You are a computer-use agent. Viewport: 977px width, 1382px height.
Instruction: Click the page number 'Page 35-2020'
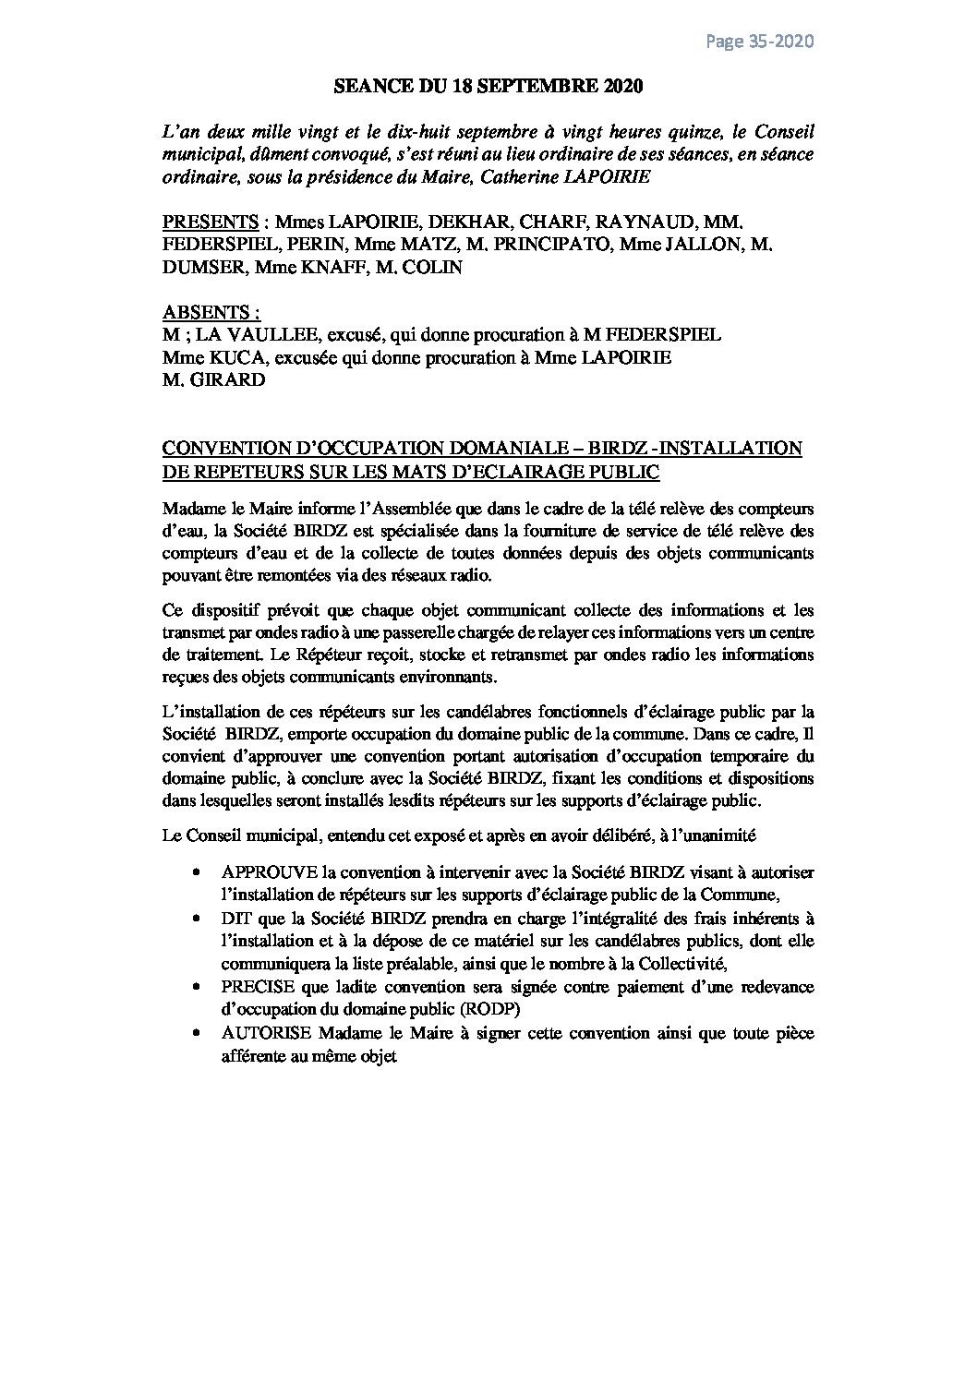click(x=759, y=42)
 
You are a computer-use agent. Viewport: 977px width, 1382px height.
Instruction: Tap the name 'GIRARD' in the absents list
click(x=222, y=379)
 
